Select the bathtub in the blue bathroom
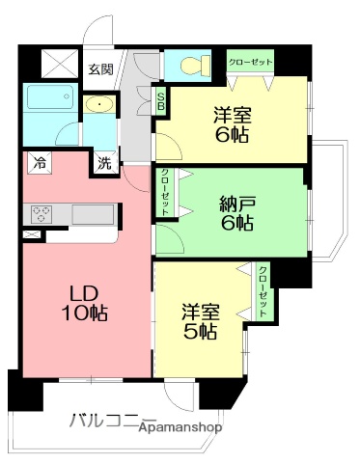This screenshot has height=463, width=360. coord(48,99)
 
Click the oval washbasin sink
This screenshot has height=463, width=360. coord(98,105)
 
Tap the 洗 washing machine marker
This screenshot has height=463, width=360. coord(103,163)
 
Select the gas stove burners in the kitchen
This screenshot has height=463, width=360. coord(43,213)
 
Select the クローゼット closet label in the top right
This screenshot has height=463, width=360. coord(250,62)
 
